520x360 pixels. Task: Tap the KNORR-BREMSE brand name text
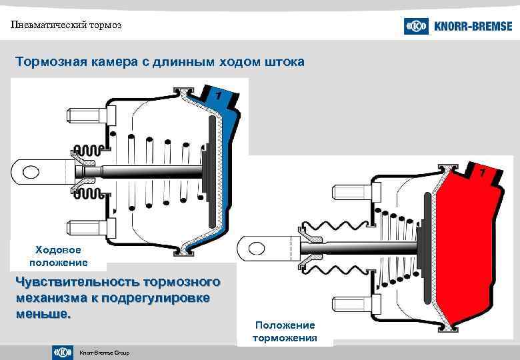[473, 27]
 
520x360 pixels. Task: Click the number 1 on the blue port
[217, 97]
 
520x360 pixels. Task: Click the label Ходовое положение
[58, 256]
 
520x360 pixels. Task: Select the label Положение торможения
[285, 331]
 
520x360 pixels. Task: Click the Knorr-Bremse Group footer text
[104, 353]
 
